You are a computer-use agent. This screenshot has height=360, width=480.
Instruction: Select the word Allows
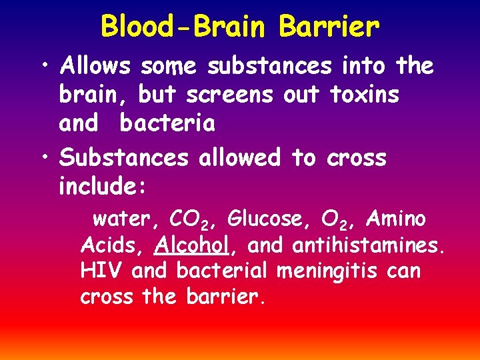point(97,66)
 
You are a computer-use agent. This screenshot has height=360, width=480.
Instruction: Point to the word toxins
point(365,95)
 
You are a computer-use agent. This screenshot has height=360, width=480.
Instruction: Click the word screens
point(230,95)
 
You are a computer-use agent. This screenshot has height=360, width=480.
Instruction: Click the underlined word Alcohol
point(192,245)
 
